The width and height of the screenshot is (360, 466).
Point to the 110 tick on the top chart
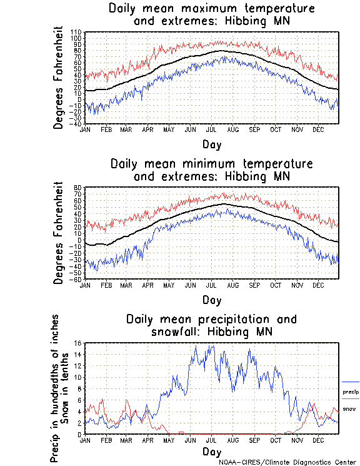point(77,31)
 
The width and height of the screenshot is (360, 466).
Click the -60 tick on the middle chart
point(77,279)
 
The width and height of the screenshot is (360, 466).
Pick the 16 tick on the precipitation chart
point(79,343)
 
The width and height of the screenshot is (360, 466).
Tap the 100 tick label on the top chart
point(77,37)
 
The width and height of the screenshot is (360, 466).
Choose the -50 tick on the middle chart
point(77,273)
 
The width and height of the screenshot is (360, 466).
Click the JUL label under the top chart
point(212,129)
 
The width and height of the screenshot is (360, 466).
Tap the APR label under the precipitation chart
point(147,440)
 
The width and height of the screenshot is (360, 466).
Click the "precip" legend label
point(351,392)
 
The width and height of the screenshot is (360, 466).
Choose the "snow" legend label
point(350,409)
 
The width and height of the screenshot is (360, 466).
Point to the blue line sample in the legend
point(351,381)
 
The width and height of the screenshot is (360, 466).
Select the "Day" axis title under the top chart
point(211,143)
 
